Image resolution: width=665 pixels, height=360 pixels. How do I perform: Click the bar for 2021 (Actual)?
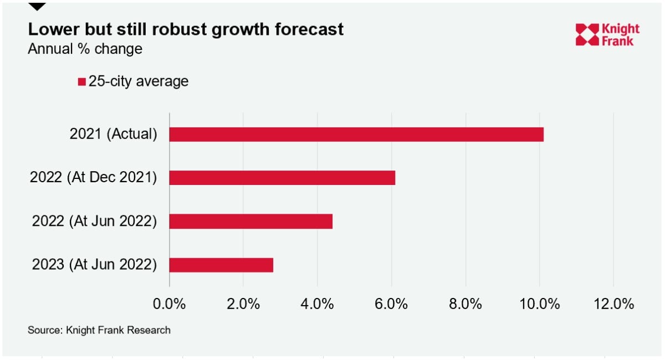click(x=356, y=135)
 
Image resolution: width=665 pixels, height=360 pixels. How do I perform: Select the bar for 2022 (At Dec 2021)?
click(x=282, y=178)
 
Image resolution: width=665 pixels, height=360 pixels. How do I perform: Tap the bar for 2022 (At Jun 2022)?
click(x=251, y=222)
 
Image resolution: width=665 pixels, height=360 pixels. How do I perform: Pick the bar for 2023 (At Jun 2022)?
click(x=221, y=265)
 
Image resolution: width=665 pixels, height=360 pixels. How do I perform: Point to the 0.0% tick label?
click(x=169, y=304)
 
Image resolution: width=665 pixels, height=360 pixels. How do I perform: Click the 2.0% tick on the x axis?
click(x=243, y=304)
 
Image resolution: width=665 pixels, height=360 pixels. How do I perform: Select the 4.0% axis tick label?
click(x=317, y=304)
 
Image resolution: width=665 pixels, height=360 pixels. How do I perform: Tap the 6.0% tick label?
click(x=391, y=304)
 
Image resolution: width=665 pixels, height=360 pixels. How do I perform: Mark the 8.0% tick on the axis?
click(x=465, y=304)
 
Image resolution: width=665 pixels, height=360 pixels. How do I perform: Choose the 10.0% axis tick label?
click(x=539, y=304)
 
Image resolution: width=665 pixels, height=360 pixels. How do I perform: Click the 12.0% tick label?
click(x=613, y=304)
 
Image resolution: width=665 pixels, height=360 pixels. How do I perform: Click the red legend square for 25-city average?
click(x=81, y=81)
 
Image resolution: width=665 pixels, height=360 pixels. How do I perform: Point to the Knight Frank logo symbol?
click(x=587, y=35)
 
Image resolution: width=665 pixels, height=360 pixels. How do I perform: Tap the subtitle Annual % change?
click(x=85, y=49)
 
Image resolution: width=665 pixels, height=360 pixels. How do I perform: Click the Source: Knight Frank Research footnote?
click(x=99, y=330)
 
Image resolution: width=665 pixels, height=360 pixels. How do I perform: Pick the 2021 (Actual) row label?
click(x=114, y=134)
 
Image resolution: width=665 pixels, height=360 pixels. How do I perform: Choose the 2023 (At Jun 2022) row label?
click(x=94, y=264)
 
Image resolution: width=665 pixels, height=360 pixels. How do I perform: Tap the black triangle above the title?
click(x=37, y=6)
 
